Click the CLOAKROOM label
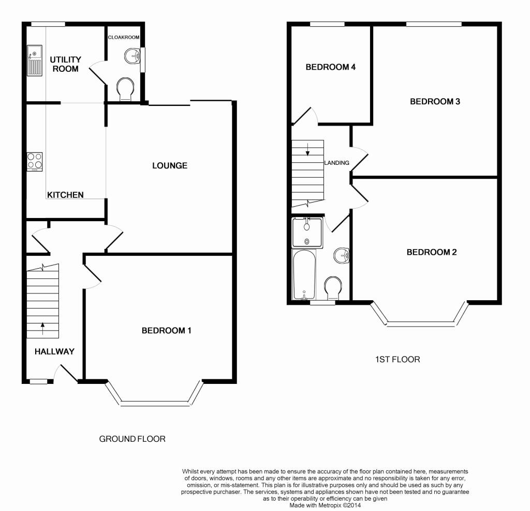[x=124, y=38]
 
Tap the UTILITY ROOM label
[x=66, y=64]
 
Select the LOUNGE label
[x=170, y=165]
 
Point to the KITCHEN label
[x=65, y=195]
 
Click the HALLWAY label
[x=54, y=351]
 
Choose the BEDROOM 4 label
[x=331, y=67]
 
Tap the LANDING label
[x=336, y=163]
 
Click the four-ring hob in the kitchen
[x=35, y=162]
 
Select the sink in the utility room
[x=35, y=60]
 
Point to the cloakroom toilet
[x=125, y=89]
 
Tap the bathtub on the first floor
[x=304, y=275]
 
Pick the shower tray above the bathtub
[x=307, y=233]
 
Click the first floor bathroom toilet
[x=333, y=288]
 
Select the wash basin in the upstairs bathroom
[x=342, y=255]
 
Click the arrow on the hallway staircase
[x=42, y=329]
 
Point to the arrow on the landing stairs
[x=307, y=149]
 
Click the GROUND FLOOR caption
[x=132, y=439]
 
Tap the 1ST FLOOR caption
[x=397, y=359]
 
